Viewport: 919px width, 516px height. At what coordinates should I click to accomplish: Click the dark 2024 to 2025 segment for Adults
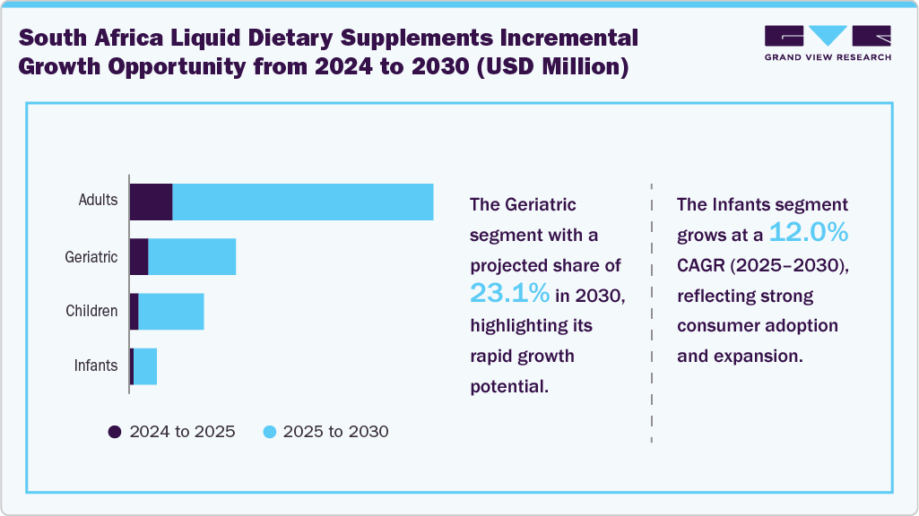click(151, 202)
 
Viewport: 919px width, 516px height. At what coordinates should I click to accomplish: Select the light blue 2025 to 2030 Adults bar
click(303, 202)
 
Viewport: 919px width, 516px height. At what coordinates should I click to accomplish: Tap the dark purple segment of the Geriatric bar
click(139, 257)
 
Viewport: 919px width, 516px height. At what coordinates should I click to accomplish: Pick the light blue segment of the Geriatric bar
click(192, 257)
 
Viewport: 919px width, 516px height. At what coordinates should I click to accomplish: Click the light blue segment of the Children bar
click(171, 311)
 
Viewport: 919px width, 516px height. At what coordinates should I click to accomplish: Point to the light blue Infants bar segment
click(145, 366)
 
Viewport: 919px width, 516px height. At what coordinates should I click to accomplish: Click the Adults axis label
click(98, 200)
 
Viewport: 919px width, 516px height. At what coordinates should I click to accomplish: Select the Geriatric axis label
click(91, 257)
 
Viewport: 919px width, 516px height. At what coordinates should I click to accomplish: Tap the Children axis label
click(91, 311)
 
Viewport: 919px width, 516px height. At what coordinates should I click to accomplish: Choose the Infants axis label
click(95, 365)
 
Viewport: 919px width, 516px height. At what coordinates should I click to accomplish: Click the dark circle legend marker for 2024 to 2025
click(115, 432)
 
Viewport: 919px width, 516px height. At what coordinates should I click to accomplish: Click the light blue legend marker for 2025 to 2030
click(268, 432)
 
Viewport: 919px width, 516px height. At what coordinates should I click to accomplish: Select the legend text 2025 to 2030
click(335, 432)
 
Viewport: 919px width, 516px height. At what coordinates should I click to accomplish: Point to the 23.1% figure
click(509, 293)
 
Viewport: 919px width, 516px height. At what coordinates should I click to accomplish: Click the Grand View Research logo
click(827, 42)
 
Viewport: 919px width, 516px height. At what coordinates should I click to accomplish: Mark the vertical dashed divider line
click(651, 314)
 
